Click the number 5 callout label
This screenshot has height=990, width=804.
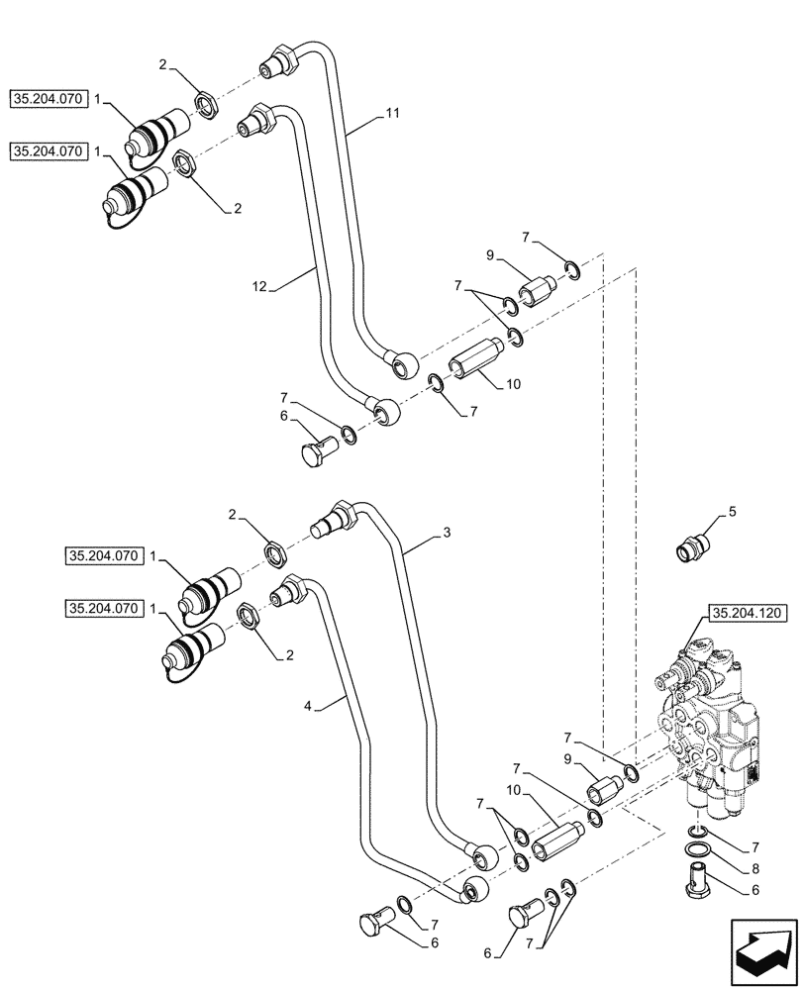point(733,511)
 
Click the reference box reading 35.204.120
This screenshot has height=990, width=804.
point(747,614)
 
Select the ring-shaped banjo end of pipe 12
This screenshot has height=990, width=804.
point(382,408)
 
